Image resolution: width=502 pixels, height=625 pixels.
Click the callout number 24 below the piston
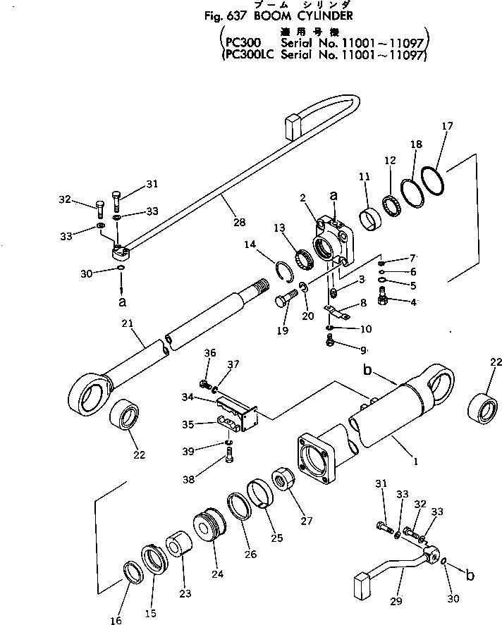[217, 574]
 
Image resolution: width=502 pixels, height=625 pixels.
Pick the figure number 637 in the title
[235, 15]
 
